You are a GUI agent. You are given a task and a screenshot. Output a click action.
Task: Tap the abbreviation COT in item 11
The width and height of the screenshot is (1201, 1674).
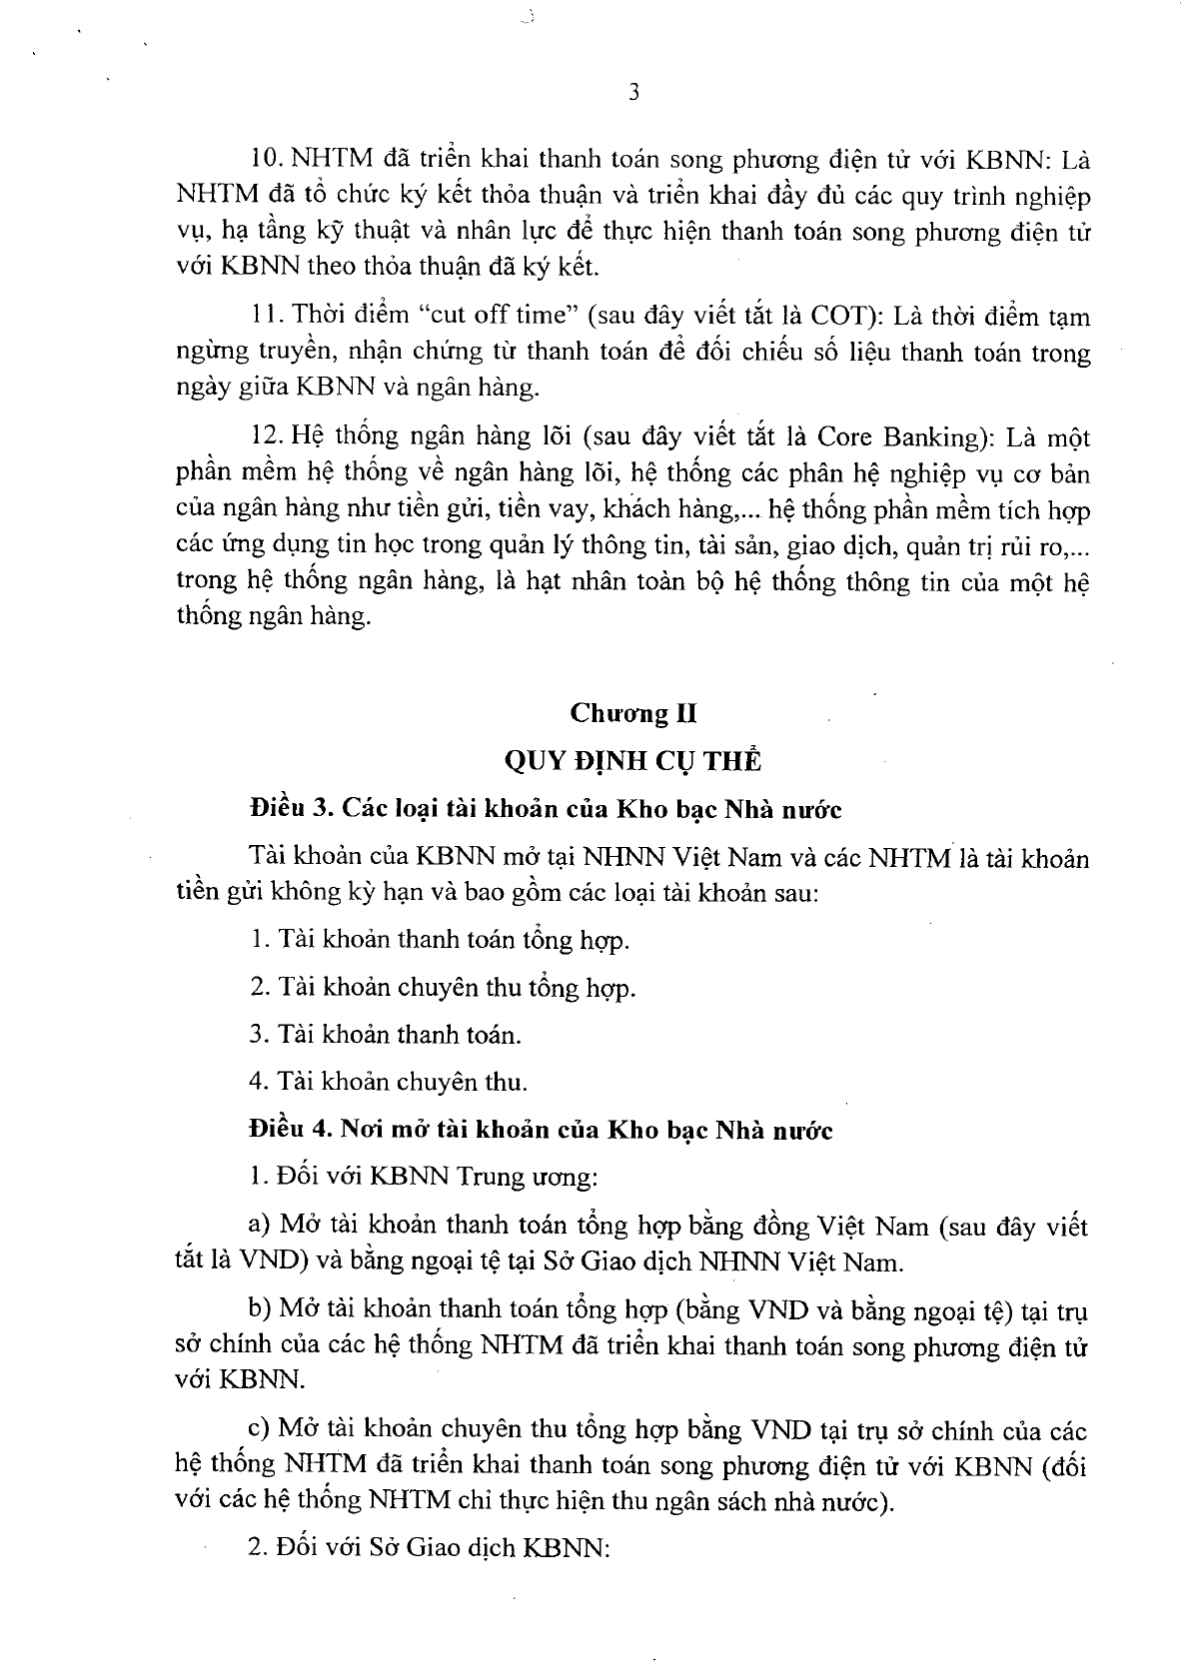pos(844,316)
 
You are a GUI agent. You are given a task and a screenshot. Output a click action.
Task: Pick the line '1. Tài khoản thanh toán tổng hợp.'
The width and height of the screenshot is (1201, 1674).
pos(440,940)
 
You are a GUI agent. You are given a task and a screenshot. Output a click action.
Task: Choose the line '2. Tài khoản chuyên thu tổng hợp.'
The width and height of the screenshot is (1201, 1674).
pos(443,988)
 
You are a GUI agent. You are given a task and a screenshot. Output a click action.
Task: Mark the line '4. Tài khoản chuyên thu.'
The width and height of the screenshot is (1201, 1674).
pos(389,1082)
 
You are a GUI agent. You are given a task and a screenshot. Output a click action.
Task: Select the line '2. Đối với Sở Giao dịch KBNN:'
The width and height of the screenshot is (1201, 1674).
pos(430,1548)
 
